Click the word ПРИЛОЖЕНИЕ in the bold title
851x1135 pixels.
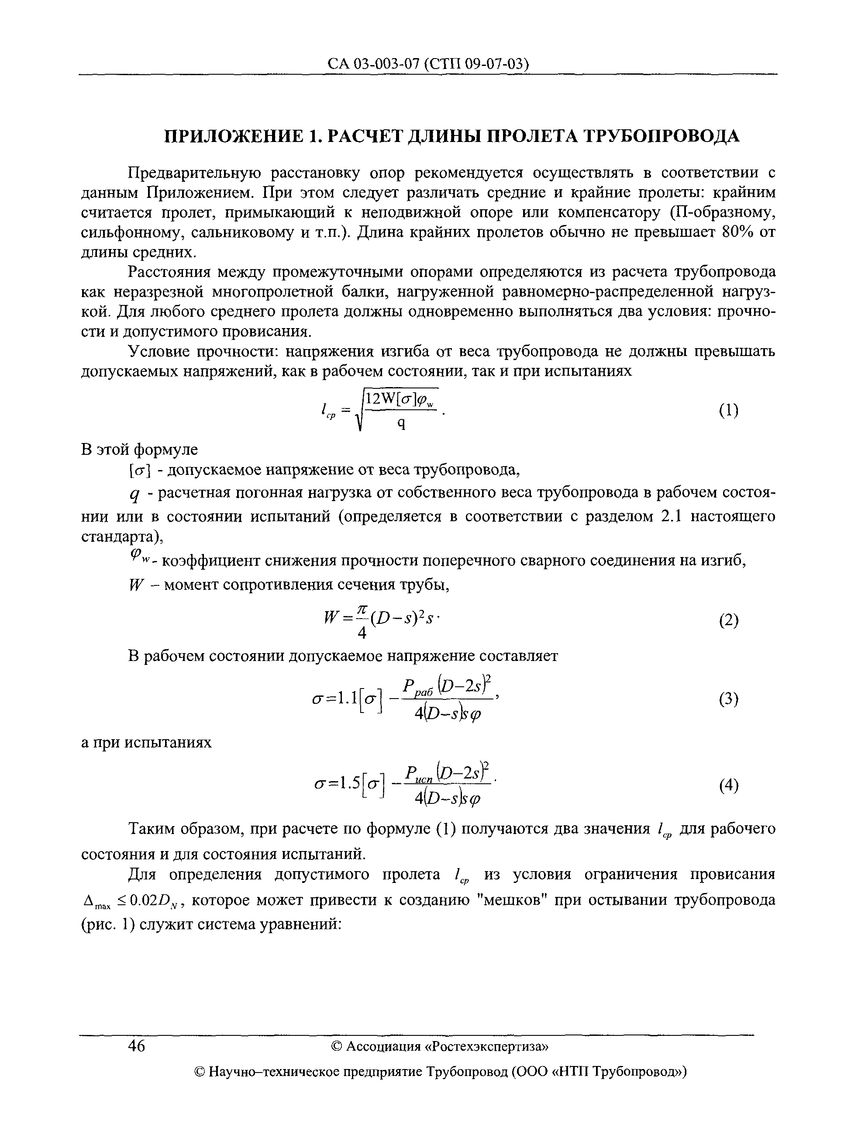click(231, 136)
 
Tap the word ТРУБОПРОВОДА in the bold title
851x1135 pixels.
click(662, 136)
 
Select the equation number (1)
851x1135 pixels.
click(728, 411)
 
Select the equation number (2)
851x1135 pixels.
click(728, 621)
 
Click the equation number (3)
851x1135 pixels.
click(728, 699)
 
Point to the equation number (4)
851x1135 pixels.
click(728, 785)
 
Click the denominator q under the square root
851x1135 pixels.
click(402, 424)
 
